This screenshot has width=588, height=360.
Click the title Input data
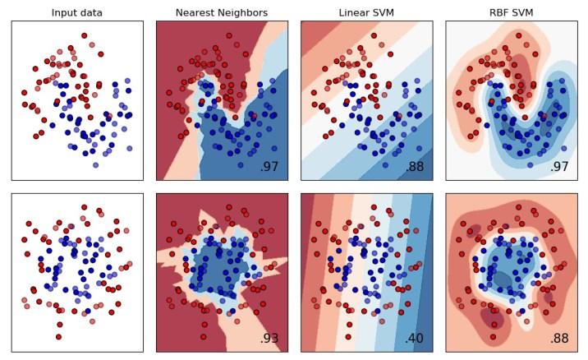click(77, 13)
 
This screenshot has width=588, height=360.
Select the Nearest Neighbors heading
click(222, 13)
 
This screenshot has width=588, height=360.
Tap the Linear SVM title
click(366, 13)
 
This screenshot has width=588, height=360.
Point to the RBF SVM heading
click(511, 13)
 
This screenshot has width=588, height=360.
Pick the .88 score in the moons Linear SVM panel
click(414, 167)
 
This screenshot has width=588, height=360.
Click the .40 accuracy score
click(414, 338)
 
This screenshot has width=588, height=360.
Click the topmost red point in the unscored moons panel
click(84, 36)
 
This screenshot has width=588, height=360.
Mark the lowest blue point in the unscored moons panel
click(95, 164)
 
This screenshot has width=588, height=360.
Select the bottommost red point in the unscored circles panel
click(59, 336)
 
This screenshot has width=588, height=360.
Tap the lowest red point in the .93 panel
click(204, 336)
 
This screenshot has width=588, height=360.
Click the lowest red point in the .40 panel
click(348, 336)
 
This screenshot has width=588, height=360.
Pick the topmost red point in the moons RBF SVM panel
click(517, 36)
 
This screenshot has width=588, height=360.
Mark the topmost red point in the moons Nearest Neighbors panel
click(228, 36)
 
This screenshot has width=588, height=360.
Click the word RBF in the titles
click(498, 13)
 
